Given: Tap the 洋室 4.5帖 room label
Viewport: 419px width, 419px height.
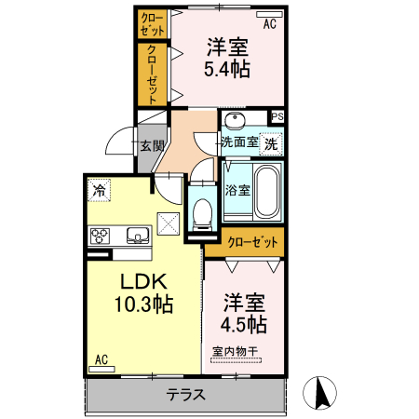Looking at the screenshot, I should pos(245,314).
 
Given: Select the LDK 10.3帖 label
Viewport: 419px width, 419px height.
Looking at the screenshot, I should pos(142,291).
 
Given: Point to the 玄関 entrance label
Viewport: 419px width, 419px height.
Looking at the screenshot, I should pos(152,145).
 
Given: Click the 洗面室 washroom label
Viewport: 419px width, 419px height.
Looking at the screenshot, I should pos(238,142).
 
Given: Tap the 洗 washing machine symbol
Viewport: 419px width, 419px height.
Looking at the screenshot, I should pos(271,143).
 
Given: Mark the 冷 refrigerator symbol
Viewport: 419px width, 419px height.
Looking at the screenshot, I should pos(99,190).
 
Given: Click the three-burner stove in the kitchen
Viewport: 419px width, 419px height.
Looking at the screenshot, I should pos(101,237).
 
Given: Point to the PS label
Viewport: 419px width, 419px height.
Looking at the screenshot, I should pos(277,116).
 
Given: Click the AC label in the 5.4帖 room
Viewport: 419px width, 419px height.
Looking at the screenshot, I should pos(269,24).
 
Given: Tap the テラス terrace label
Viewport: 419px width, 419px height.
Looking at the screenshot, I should pos(185,394).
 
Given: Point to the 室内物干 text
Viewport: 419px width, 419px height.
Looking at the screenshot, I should pos(235,352).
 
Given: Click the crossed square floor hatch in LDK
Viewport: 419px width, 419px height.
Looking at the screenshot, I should pos(169,224).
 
